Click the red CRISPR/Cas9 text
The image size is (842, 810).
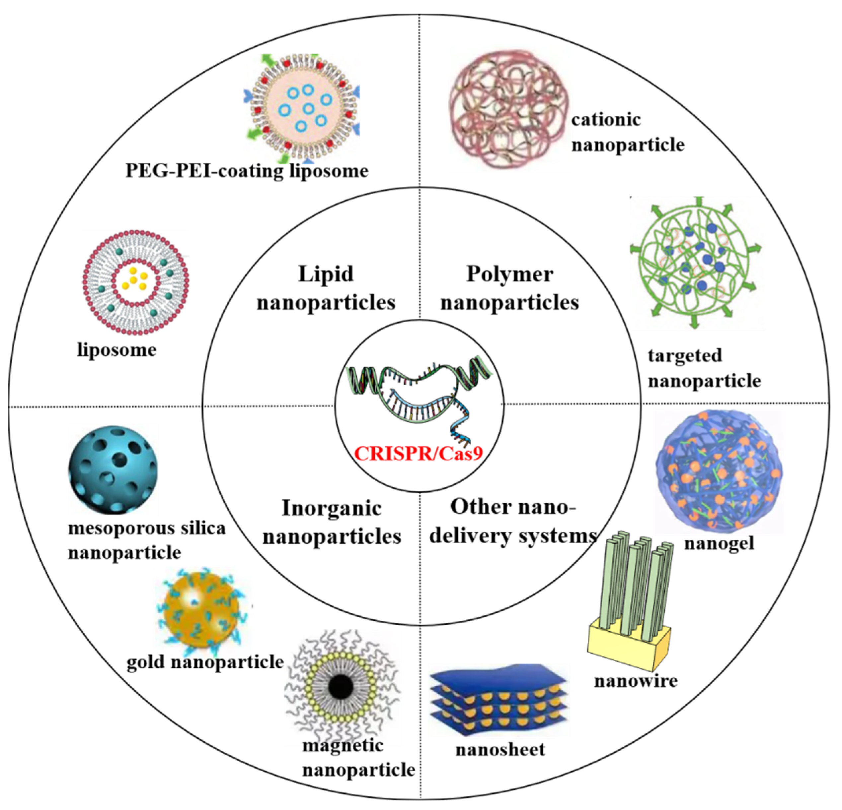coord(419,453)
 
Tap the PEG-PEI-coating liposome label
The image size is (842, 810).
coord(247,171)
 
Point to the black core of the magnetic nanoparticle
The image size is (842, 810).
coord(341,687)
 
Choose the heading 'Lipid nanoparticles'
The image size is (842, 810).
coord(326,287)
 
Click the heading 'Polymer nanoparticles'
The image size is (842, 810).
coord(510,287)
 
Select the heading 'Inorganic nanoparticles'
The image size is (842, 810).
coord(332,522)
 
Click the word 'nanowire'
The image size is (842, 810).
coord(636,681)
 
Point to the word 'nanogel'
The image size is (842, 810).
coord(719,543)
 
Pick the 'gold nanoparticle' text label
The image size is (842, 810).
coord(205,661)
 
